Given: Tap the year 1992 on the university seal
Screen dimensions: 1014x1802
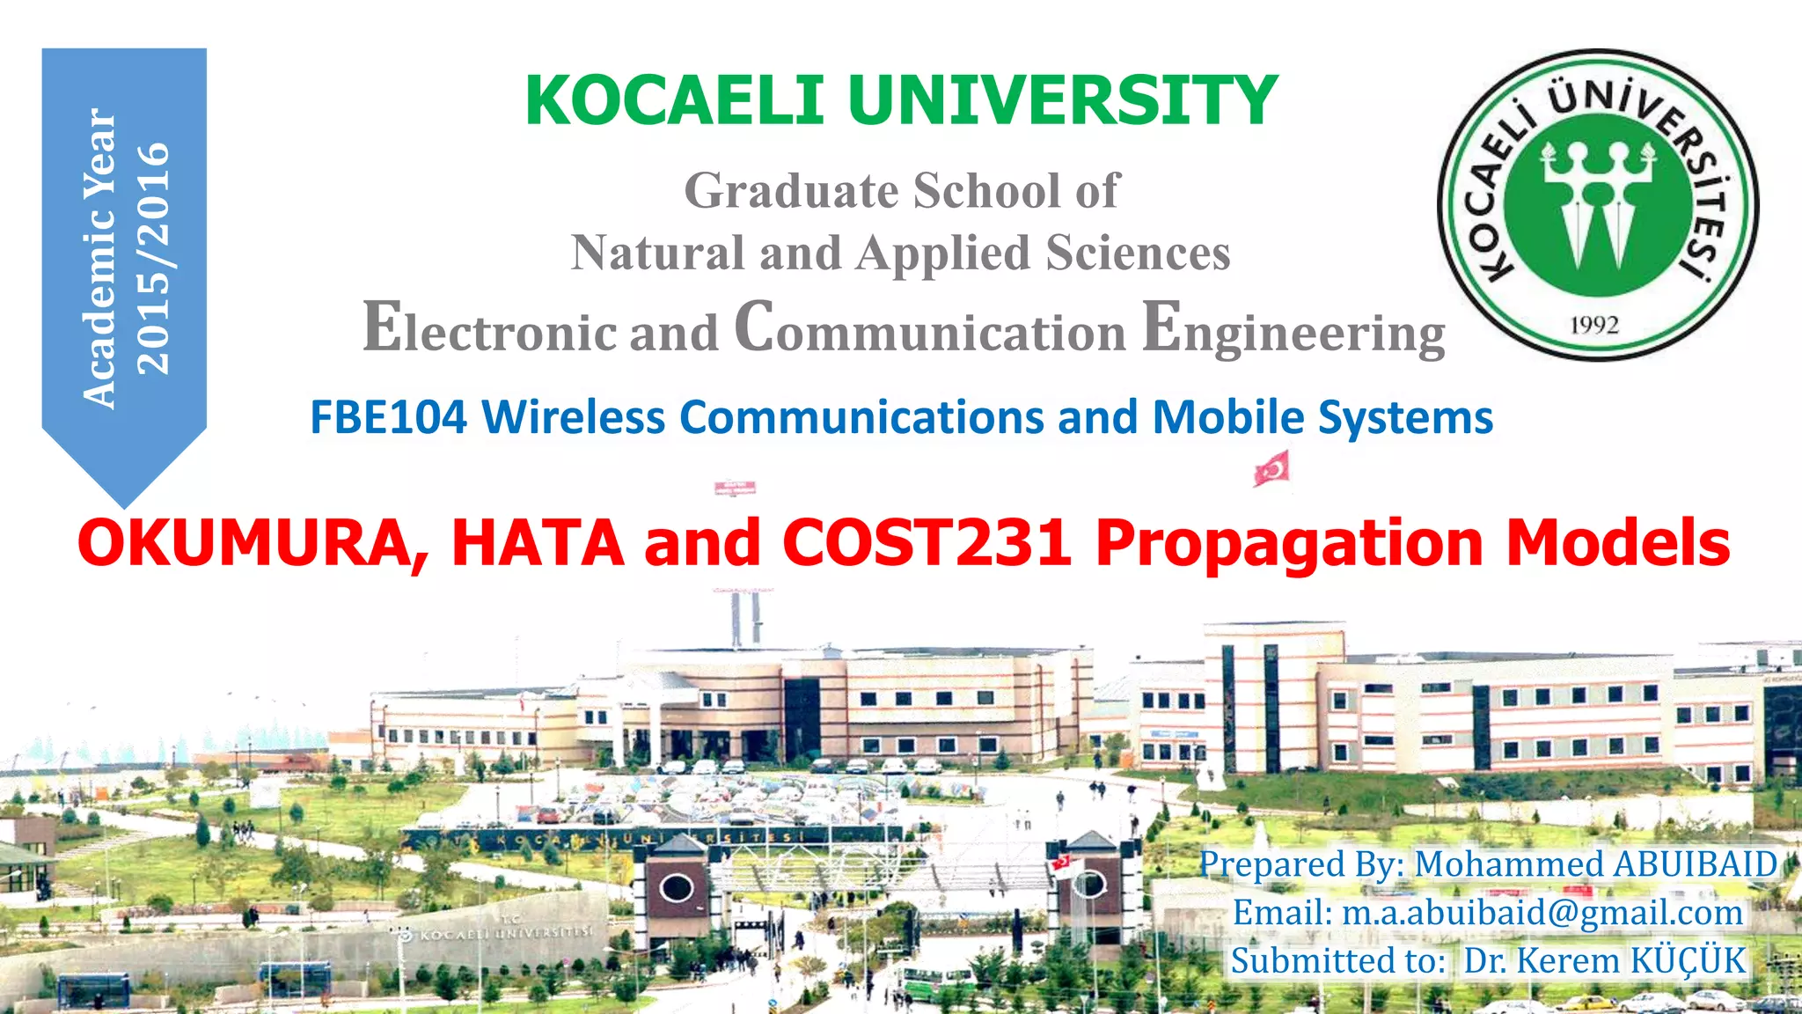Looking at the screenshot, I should tap(1594, 325).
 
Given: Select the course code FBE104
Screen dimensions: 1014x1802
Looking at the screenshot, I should tap(388, 417).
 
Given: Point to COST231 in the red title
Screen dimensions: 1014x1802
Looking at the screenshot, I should tap(927, 542).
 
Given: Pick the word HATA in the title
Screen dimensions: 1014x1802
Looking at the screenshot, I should tap(538, 542).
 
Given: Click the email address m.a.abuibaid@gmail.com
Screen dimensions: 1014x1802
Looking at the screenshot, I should tap(1542, 913).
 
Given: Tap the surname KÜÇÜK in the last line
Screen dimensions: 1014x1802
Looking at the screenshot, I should tap(1688, 960).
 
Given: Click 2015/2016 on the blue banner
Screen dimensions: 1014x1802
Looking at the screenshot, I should tap(153, 257).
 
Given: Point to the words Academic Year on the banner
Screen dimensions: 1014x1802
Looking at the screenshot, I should tap(99, 257).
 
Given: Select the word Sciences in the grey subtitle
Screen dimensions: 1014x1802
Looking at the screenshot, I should tap(1138, 253).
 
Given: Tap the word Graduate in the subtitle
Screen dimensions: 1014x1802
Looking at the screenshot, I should tap(791, 191).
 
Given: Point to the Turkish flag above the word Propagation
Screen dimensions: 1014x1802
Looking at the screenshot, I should tap(1272, 467).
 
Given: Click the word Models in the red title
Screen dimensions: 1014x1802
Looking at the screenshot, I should tap(1618, 542).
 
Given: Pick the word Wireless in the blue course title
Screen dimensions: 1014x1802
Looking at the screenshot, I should tap(573, 417).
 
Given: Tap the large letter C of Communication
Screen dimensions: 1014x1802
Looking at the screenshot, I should tap(754, 326).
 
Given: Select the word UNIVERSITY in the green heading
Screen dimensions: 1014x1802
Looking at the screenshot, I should tap(1063, 100).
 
